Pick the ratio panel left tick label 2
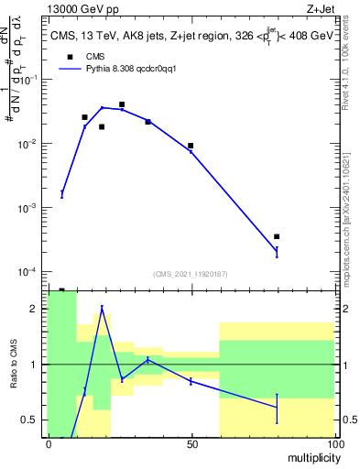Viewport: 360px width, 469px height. (34, 310)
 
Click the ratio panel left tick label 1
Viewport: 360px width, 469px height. (34, 365)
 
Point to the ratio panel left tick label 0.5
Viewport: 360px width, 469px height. (30, 420)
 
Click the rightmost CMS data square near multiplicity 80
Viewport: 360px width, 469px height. (277, 236)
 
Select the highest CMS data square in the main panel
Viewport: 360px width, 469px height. (122, 104)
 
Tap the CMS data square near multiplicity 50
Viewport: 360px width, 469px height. (191, 146)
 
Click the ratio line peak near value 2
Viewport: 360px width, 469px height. (102, 307)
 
